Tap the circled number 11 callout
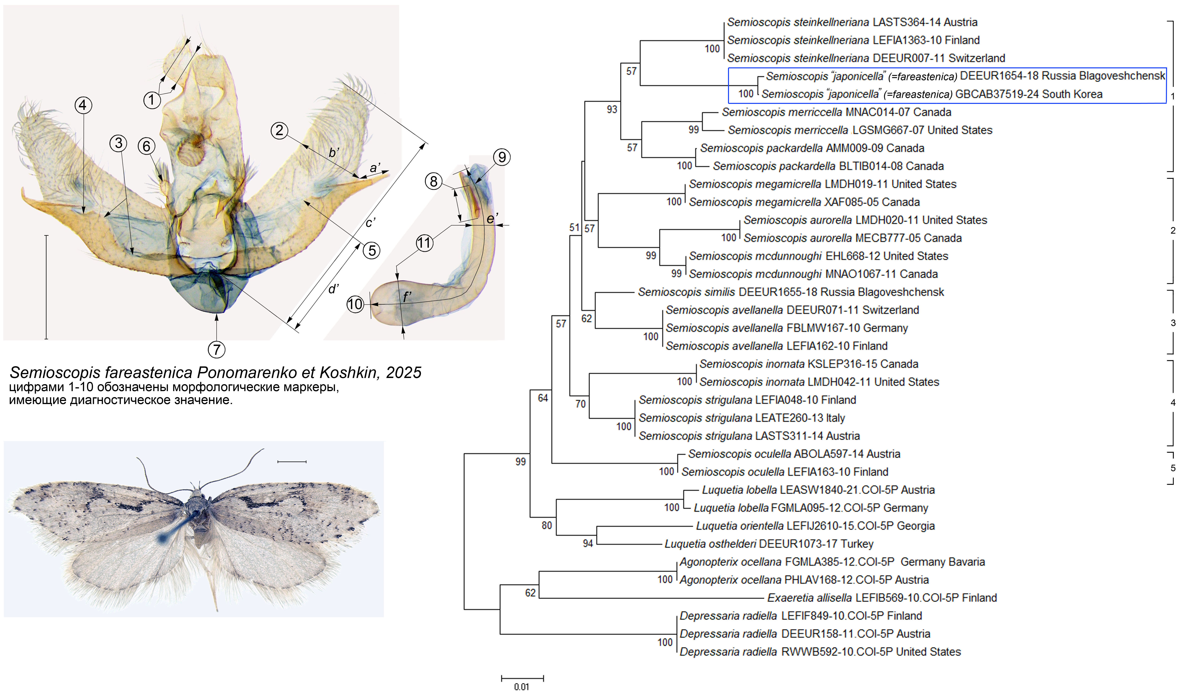(424, 243)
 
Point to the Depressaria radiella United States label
(820, 652)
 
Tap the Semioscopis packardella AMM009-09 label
(812, 148)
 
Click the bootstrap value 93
(612, 109)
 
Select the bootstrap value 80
(546, 525)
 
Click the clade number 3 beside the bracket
(1173, 323)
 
